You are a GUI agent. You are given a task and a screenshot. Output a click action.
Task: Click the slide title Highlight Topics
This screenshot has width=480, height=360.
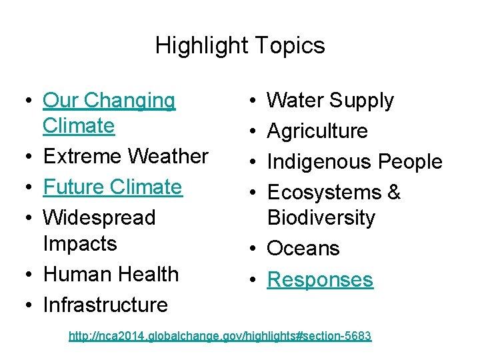(240, 45)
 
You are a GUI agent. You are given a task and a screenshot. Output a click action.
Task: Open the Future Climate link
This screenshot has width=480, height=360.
(112, 187)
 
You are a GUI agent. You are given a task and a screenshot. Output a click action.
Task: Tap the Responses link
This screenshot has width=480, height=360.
(320, 279)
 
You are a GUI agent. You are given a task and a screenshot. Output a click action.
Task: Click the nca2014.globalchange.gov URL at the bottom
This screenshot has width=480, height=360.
(220, 336)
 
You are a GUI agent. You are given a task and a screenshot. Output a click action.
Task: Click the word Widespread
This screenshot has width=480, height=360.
(99, 217)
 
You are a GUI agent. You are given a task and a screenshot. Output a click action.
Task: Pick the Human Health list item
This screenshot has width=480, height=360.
(111, 274)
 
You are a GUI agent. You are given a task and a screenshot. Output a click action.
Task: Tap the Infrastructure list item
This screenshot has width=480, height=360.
(105, 305)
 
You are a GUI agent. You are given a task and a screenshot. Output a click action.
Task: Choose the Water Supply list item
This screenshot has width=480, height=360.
(330, 101)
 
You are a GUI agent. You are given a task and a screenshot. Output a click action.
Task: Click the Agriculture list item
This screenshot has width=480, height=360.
(317, 131)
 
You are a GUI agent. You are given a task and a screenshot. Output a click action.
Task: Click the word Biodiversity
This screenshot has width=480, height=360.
(321, 218)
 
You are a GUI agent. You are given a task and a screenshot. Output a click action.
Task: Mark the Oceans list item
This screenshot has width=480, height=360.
(303, 249)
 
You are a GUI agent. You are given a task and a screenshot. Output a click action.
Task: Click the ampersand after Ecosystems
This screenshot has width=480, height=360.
(394, 193)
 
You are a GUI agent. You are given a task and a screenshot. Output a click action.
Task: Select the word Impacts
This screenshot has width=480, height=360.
(79, 243)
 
